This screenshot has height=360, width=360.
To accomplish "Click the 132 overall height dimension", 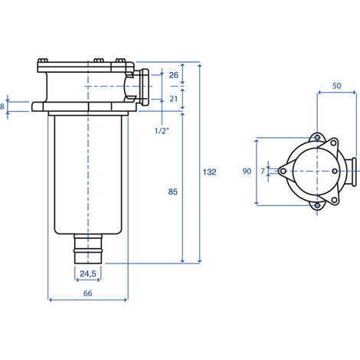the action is pos(209,172).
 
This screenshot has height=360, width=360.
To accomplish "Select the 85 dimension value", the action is pos(173,191).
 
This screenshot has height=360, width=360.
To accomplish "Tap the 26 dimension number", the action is pos(174,75).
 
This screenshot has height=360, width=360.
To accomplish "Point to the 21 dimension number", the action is pos(174,99).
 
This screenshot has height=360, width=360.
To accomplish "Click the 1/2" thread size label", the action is pos(162,131).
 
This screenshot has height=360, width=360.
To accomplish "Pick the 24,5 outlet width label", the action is pos(88,273).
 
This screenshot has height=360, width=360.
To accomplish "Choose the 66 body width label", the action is pos(87,293).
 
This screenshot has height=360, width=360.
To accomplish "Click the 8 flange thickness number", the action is pos(2,106).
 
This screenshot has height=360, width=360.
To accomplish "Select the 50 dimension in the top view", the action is pos(337,86).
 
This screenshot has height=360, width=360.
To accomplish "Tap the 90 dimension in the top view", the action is pos(247,171).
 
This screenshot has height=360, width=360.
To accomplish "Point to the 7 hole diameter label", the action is pos(263,172).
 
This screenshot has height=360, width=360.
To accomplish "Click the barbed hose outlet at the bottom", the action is pos(88,249).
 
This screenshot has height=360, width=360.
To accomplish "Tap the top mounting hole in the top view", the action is pos(317,138).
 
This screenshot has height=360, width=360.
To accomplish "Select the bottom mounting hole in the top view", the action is pos(317,205).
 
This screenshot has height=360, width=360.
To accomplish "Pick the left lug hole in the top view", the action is pos(283,172).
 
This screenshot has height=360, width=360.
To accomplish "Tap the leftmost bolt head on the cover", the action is pos(43,61).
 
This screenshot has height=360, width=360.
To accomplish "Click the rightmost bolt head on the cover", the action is pos(120,61).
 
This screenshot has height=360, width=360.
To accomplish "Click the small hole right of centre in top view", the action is pos(335,172).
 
